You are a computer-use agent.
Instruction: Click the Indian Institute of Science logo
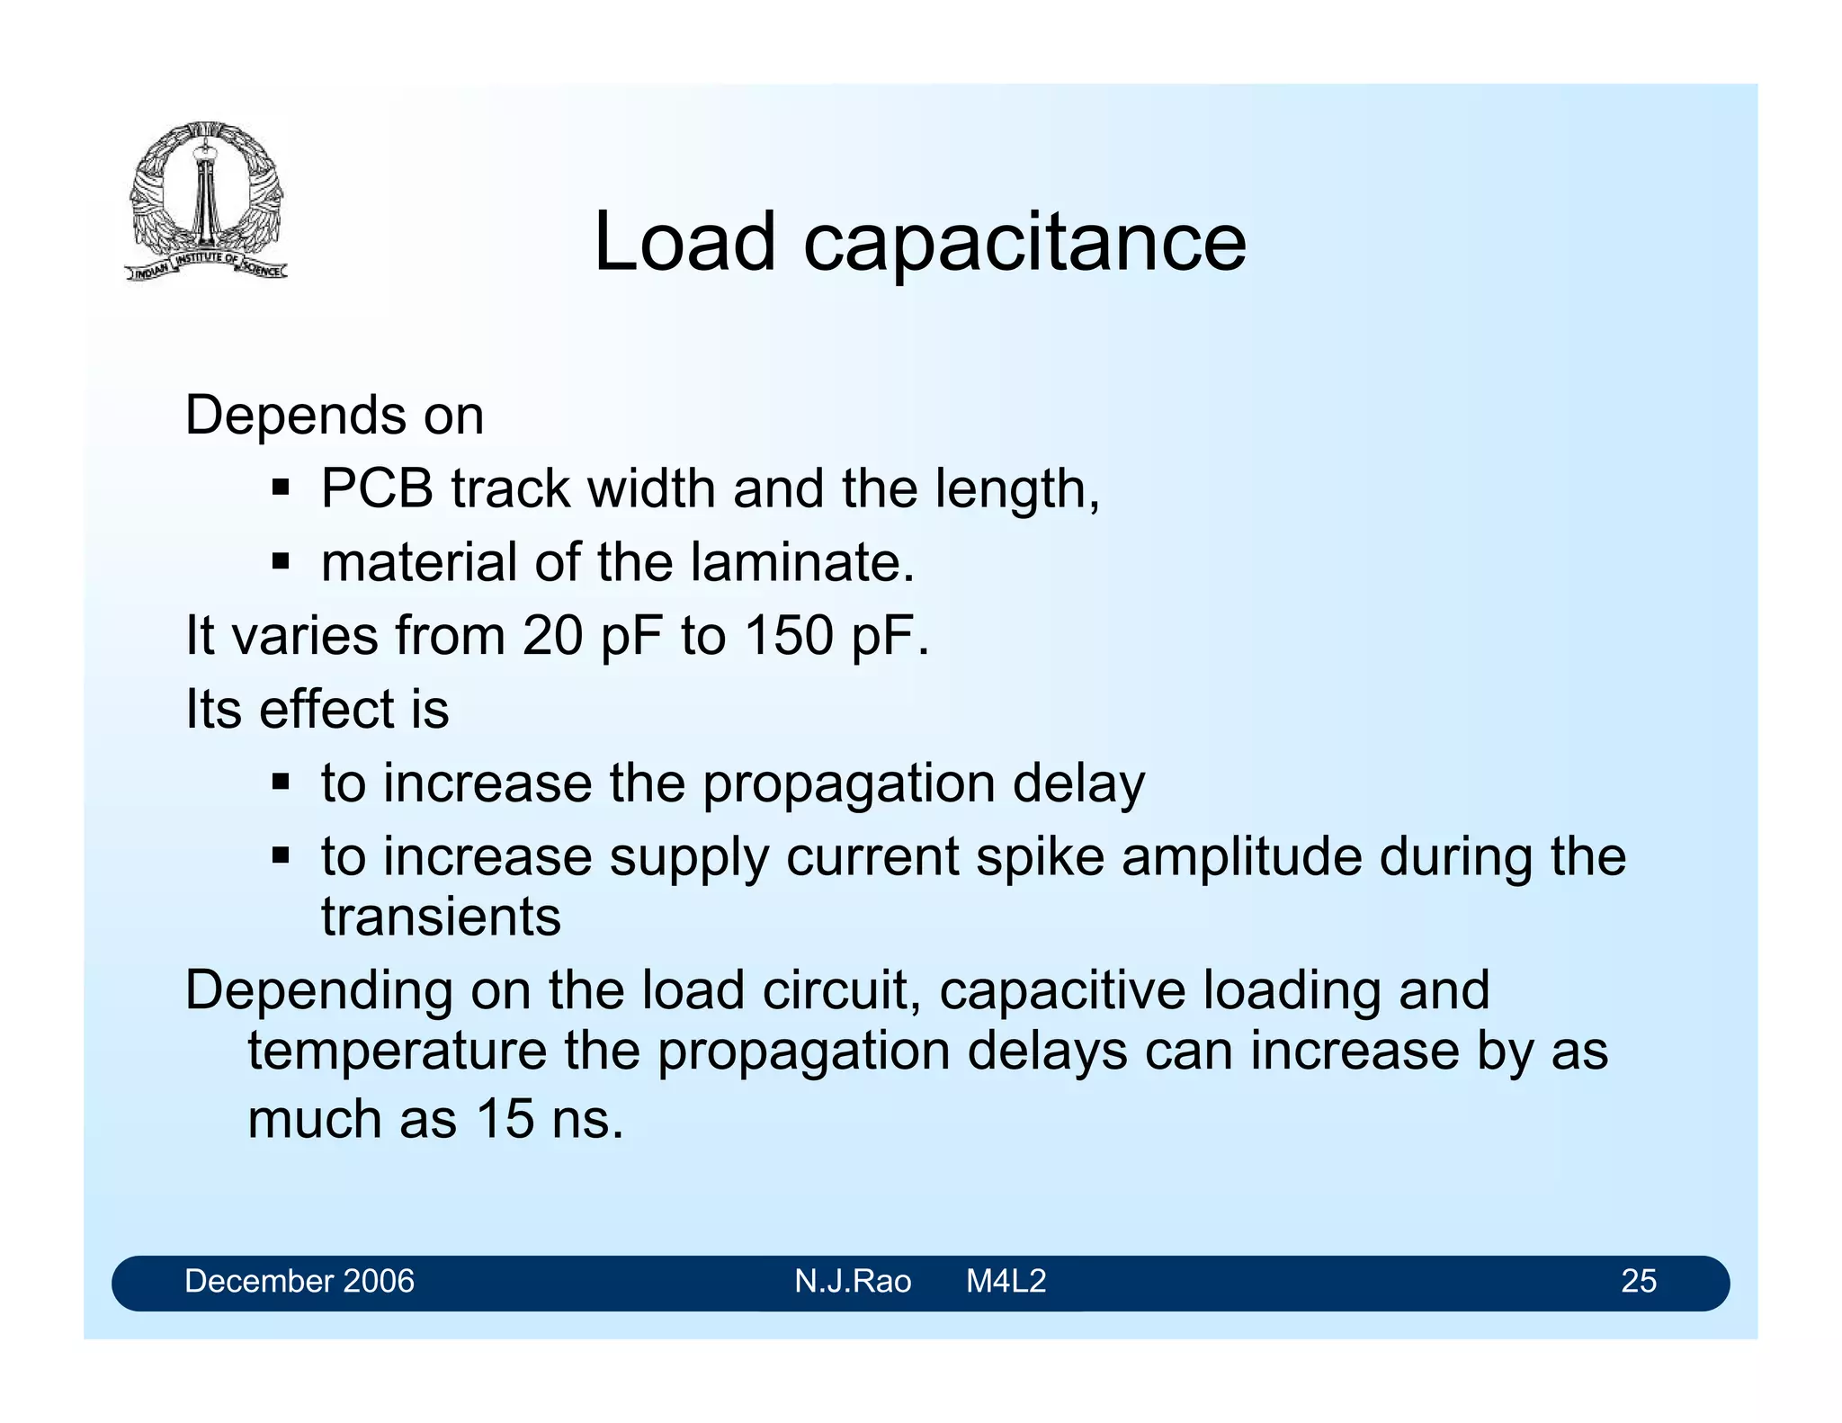coord(207,200)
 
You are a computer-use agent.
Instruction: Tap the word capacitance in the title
coord(1024,243)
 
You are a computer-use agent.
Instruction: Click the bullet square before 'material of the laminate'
coord(281,563)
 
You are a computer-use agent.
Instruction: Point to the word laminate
coord(802,563)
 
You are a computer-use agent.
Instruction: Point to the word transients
coord(441,917)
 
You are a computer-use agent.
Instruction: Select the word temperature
coord(397,1051)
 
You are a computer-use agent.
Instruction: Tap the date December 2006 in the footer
coord(300,1281)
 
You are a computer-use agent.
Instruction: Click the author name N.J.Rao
coord(853,1281)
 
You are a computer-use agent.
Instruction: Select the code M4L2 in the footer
coord(1006,1281)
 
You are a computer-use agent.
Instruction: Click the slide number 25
coord(1638,1281)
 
